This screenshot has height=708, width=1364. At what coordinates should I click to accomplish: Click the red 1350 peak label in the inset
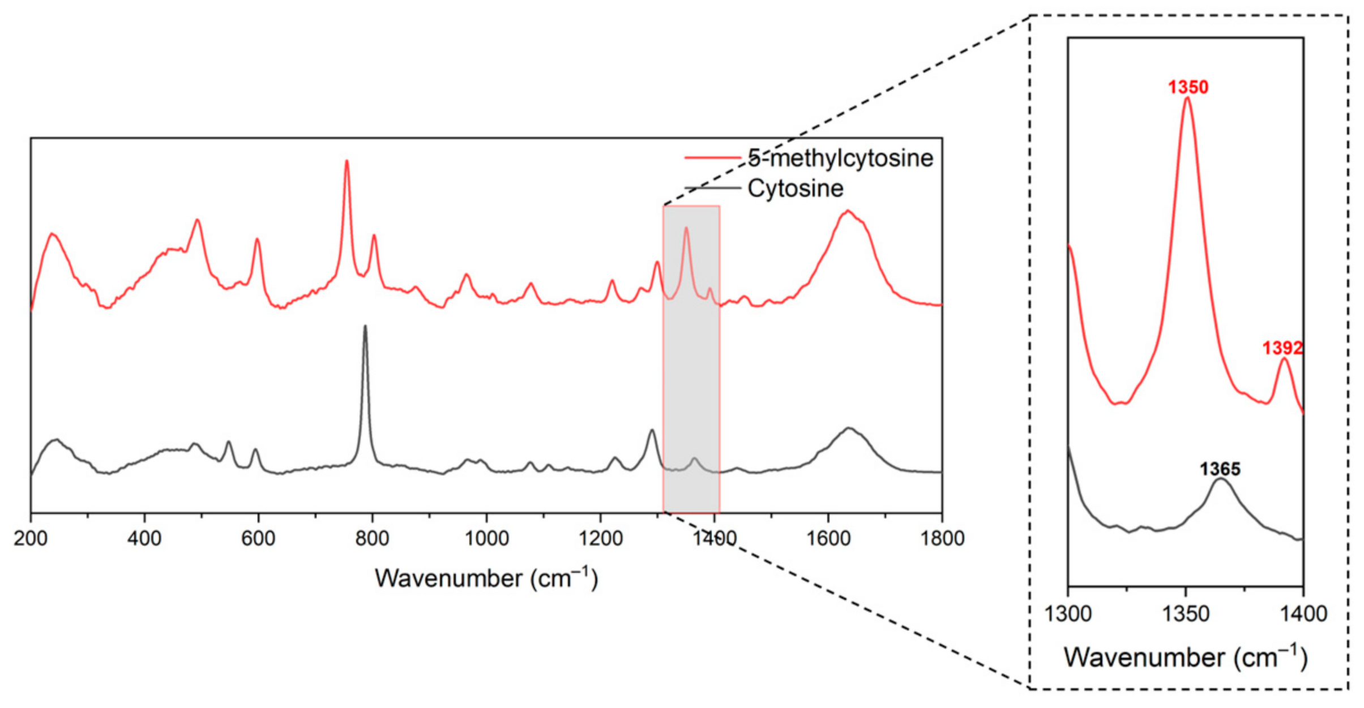[x=1188, y=87]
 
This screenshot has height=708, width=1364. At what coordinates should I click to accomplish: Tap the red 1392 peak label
[x=1282, y=347]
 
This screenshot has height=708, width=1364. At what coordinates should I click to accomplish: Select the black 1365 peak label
[x=1220, y=469]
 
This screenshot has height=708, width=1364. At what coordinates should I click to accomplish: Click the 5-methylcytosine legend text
[x=840, y=158]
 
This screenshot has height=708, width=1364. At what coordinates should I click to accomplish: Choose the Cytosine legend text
[x=795, y=188]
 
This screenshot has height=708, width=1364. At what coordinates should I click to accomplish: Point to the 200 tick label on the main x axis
[x=31, y=538]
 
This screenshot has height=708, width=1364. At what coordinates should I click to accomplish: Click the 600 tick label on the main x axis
[x=258, y=538]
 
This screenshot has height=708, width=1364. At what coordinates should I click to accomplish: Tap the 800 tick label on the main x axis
[x=372, y=538]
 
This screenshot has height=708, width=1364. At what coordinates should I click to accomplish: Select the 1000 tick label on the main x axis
[x=486, y=538]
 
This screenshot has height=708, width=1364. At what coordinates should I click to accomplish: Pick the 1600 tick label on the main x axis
[x=828, y=538]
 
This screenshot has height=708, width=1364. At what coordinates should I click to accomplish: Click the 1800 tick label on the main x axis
[x=942, y=538]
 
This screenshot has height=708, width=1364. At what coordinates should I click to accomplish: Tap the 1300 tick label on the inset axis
[x=1068, y=613]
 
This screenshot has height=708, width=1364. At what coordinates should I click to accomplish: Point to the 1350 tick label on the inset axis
[x=1186, y=613]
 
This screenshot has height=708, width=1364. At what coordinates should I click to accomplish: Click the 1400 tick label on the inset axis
[x=1303, y=613]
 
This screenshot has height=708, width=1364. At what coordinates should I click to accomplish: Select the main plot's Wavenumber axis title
[x=486, y=578]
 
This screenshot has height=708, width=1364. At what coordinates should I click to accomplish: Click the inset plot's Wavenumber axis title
[x=1186, y=658]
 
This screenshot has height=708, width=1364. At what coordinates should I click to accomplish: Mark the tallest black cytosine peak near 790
[x=365, y=326]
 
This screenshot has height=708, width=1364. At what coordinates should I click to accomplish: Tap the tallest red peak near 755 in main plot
[x=347, y=161]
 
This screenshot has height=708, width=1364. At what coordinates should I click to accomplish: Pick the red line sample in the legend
[x=712, y=157]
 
